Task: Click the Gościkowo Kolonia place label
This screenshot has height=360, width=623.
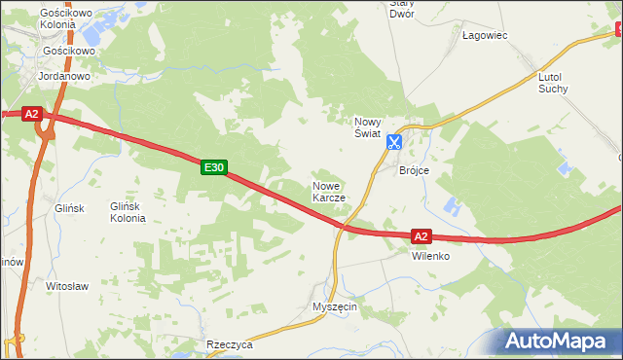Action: click(63, 18)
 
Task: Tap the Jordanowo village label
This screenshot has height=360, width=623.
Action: click(63, 75)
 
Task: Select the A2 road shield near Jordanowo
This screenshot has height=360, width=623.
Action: click(31, 114)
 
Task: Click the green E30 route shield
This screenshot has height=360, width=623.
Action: click(214, 168)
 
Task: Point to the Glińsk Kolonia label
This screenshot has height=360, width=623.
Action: click(128, 212)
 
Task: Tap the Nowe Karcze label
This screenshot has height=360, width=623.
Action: click(328, 191)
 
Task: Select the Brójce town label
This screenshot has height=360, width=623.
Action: click(415, 170)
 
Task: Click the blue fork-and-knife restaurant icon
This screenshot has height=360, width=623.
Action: click(393, 142)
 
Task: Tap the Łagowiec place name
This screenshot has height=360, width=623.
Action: click(485, 35)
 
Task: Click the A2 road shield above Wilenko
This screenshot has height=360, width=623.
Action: click(421, 236)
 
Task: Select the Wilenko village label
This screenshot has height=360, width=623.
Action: click(429, 256)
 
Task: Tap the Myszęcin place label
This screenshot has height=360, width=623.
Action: click(335, 306)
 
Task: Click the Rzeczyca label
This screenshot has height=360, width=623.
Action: click(230, 344)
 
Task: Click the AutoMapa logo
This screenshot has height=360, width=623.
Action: click(561, 340)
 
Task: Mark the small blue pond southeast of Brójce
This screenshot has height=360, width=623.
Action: click(450, 206)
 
